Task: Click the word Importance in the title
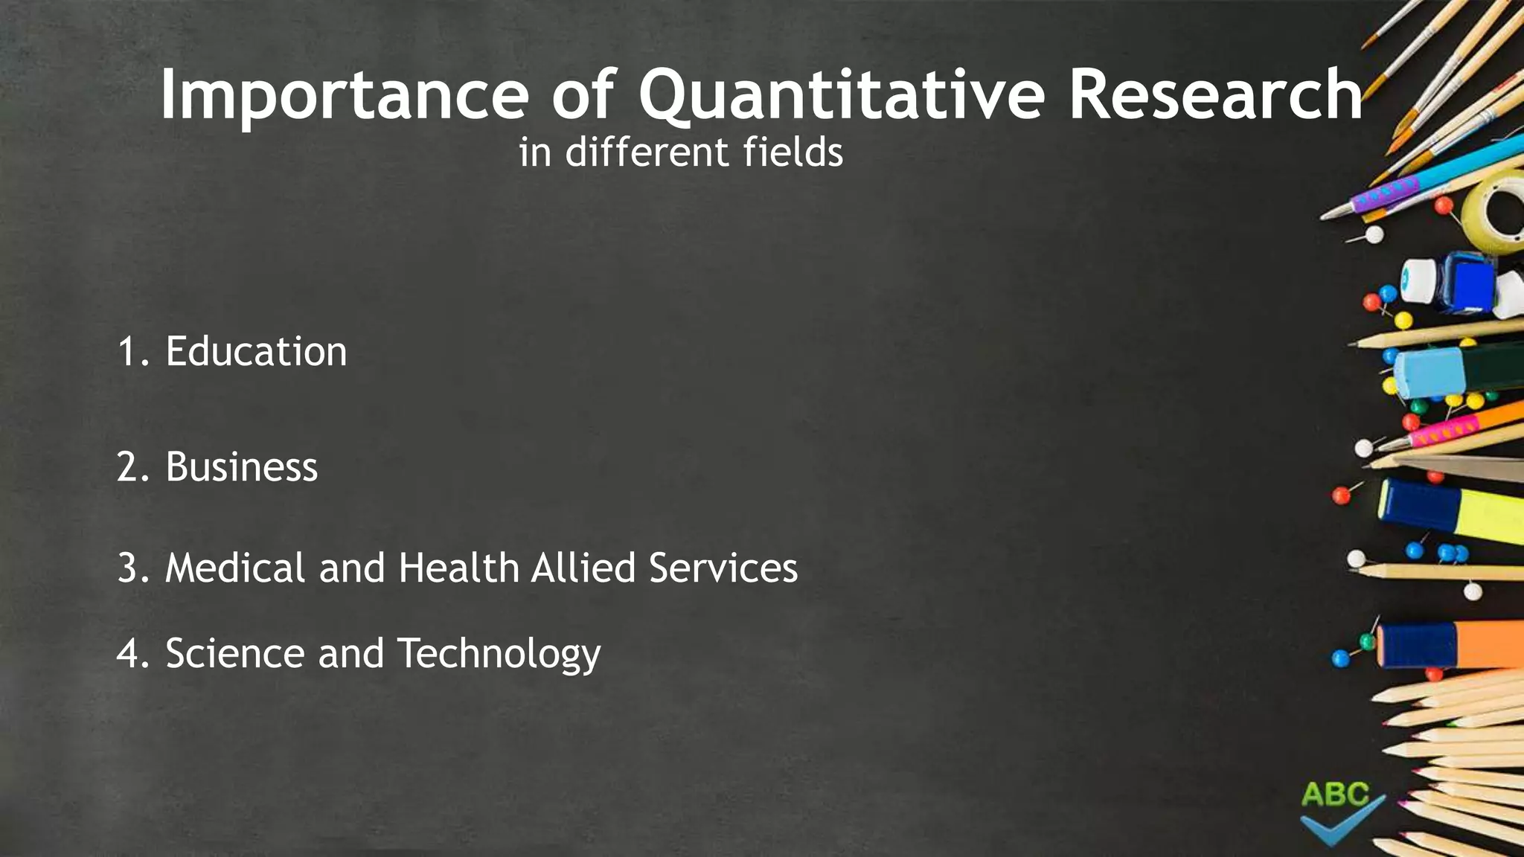[x=344, y=95]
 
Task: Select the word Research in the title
[x=1215, y=95]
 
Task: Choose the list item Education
[x=256, y=351]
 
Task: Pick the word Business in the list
[x=242, y=467]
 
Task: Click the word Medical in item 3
[x=234, y=568]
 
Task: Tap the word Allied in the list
[x=583, y=568]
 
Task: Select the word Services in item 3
[x=723, y=568]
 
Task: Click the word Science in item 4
[x=235, y=653]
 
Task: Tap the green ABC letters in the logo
[x=1335, y=795]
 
